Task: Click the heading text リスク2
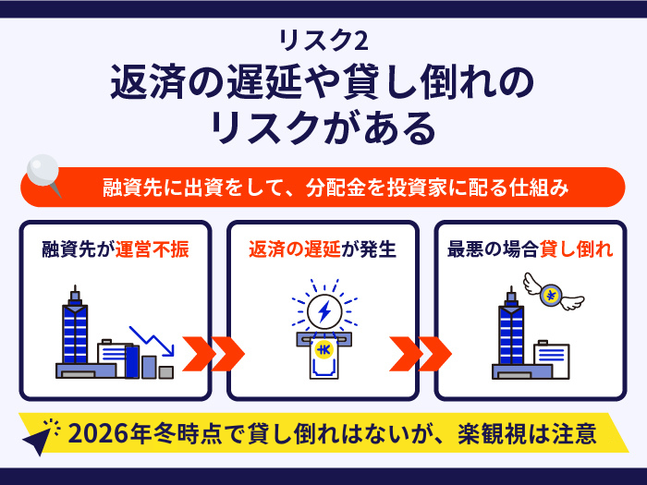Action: coord(323,41)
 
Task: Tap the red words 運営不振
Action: coord(152,249)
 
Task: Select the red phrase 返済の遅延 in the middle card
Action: coord(295,249)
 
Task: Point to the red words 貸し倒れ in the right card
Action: coord(576,249)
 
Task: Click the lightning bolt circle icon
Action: coord(324,311)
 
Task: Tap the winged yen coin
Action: coord(553,292)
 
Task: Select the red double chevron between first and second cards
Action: coord(214,354)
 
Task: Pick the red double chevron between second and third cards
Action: coord(421,354)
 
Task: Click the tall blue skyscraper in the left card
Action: coord(75,329)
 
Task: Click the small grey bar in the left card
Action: coord(165,372)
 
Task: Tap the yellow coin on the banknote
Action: coord(323,350)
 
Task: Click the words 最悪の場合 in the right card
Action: coord(493,249)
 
